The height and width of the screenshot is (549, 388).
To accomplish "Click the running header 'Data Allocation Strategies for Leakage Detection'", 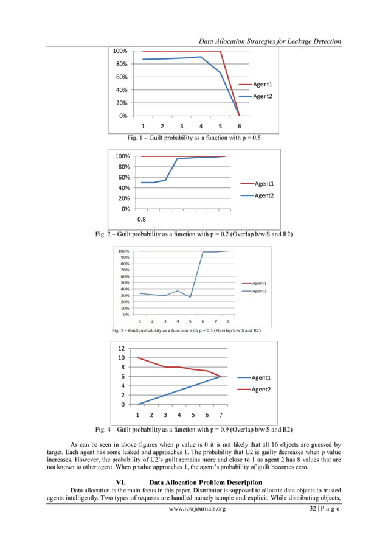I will coord(270,41).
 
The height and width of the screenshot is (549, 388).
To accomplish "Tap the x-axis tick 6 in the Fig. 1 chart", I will coord(240,127).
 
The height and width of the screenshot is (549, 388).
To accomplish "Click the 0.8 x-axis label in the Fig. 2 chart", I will coord(140,219).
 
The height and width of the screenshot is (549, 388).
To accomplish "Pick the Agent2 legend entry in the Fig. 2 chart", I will coord(264,195).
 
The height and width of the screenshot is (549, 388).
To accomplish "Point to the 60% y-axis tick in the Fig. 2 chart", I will coord(122,177).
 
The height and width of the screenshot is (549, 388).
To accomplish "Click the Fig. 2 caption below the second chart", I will coord(194,234).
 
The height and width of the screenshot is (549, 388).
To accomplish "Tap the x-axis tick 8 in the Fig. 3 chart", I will coord(228,321).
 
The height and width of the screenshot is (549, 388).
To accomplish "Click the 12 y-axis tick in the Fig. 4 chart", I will coord(122,349).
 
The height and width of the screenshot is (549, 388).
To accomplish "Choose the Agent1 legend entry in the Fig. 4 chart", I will coord(261,377).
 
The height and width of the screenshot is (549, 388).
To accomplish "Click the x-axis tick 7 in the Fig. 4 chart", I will coord(221,415).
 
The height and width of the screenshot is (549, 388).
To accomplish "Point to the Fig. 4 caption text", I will coord(194,429).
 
